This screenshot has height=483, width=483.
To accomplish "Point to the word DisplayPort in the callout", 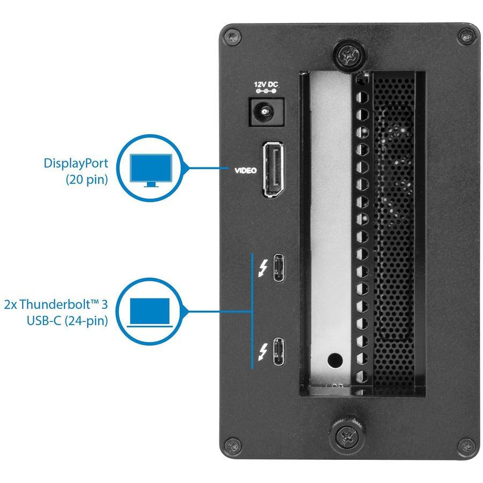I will (x=76, y=164).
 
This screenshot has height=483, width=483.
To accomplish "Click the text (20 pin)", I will (x=86, y=180).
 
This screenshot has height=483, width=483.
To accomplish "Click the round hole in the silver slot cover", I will (x=336, y=358).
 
